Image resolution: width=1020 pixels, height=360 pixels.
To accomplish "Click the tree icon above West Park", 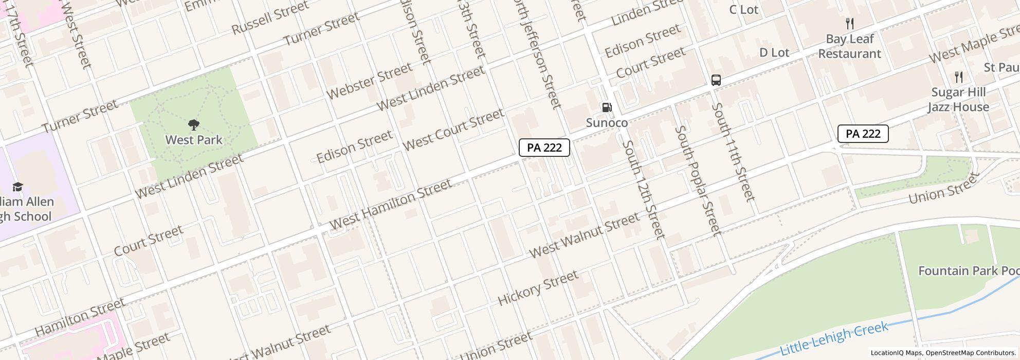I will [194, 124].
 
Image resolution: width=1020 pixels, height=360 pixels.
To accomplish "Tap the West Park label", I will [194, 140].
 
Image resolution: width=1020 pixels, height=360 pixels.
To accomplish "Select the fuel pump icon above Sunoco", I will [607, 107].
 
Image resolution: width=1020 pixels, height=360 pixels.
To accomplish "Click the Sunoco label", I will [607, 123].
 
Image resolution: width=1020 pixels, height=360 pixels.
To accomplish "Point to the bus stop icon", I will [716, 80].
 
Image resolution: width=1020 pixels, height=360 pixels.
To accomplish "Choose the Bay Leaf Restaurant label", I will [849, 46].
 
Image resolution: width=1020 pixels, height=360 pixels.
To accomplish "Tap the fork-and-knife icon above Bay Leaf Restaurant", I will [850, 24].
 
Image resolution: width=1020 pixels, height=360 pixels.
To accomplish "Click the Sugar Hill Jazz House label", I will [958, 100].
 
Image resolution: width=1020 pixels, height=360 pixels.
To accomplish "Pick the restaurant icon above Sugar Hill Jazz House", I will [958, 77].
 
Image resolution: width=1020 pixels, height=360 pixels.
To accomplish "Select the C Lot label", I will [743, 10].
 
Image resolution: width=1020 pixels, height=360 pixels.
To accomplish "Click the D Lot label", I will [774, 52].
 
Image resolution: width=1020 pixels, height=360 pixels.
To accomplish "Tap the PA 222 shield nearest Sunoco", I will [544, 148].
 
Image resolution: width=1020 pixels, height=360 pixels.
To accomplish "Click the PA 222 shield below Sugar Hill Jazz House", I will [863, 134].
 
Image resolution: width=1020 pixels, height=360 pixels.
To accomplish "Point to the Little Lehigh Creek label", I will [834, 338].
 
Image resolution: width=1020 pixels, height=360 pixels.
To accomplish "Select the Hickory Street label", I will [538, 289].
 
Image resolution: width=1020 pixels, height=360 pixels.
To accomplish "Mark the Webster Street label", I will [369, 81].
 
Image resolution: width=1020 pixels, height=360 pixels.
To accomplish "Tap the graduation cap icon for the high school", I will [18, 187].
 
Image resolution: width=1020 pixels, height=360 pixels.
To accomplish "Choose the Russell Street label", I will [270, 17].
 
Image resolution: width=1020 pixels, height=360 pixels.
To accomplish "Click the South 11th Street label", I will [733, 152].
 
